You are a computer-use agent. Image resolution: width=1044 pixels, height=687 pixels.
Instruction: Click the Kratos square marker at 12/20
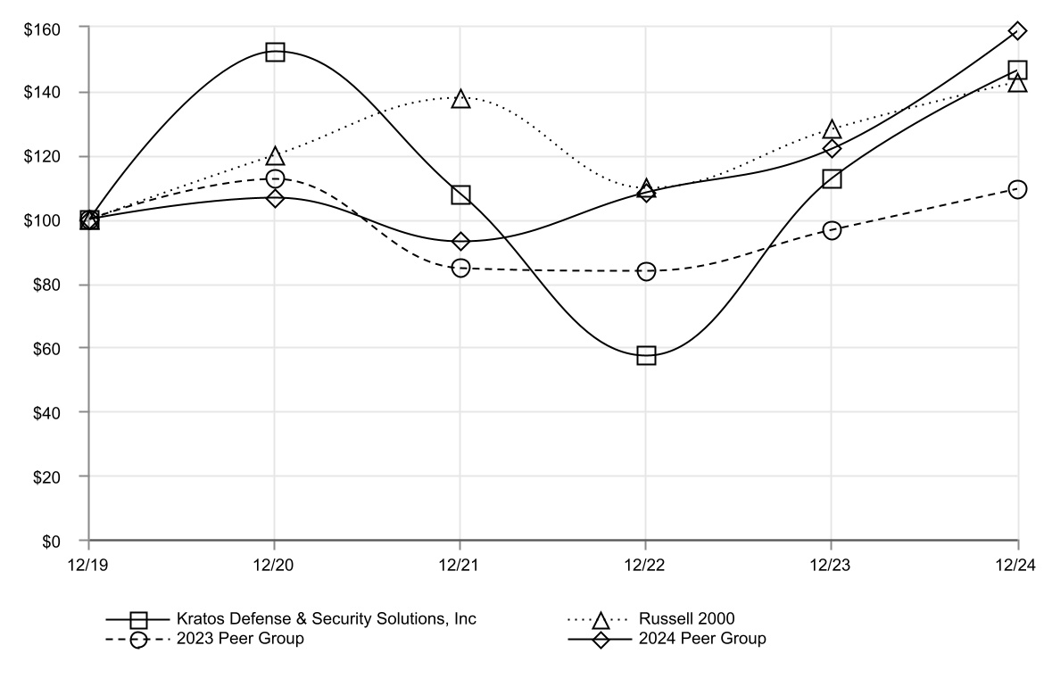[x=275, y=52]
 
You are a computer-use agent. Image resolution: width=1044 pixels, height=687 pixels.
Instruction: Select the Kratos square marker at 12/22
[x=646, y=355]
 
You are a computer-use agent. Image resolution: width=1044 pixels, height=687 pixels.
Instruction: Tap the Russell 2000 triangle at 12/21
[x=460, y=99]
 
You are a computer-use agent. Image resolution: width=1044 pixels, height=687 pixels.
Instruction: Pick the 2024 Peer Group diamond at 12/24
[x=1017, y=31]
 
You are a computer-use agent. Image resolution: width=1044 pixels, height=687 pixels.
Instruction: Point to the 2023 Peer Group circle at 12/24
[x=1017, y=189]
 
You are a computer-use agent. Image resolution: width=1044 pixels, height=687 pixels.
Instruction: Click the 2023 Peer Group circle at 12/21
[x=460, y=268]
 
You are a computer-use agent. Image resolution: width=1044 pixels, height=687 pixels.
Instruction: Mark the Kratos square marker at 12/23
[x=832, y=178]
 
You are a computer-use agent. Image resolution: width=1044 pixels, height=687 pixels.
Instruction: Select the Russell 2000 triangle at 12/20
[x=275, y=157]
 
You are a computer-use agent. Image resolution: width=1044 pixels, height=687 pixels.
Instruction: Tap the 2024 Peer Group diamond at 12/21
[x=460, y=241]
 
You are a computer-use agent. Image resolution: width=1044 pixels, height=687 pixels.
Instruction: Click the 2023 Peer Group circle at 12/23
[x=832, y=230]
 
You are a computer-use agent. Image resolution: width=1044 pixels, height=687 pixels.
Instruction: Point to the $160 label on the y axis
[x=42, y=29]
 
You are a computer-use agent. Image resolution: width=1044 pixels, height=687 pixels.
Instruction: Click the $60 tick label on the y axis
[x=46, y=349]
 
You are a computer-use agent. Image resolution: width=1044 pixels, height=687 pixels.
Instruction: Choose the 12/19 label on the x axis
[x=89, y=565]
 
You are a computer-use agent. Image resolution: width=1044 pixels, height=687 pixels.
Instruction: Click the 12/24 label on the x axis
[x=1015, y=565]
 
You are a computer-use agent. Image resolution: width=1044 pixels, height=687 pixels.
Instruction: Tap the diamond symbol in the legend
[x=601, y=640]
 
